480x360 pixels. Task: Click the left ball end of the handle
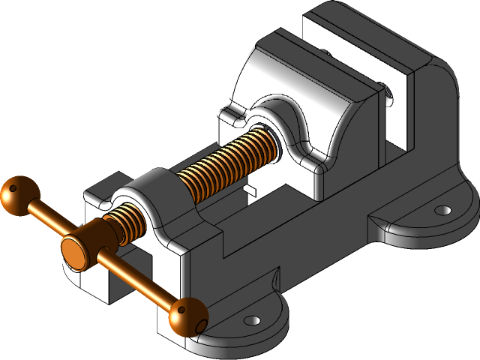tap(16, 195)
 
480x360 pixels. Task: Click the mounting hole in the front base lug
tap(253, 320)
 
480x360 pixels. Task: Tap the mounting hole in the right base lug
tap(443, 211)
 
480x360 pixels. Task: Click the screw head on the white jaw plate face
tap(389, 94)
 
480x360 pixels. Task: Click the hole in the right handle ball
tap(199, 323)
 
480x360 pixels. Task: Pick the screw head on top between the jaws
tap(328, 53)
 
